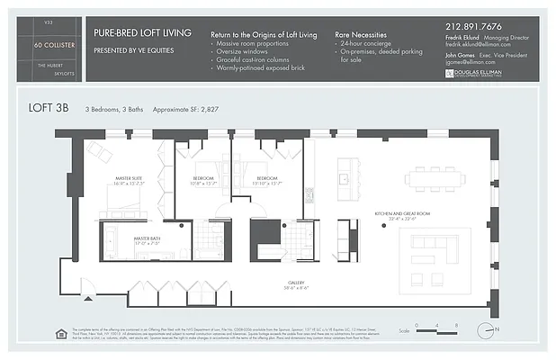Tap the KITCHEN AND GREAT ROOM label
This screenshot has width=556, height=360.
click(x=403, y=215)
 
